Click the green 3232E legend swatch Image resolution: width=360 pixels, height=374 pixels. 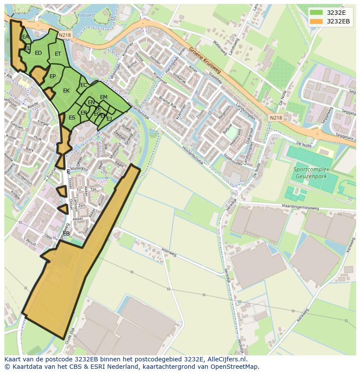[x=316, y=13]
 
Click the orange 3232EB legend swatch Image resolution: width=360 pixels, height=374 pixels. [x=316, y=21]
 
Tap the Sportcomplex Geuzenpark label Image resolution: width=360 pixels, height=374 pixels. [x=311, y=173]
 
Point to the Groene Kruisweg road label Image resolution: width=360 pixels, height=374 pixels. [x=205, y=60]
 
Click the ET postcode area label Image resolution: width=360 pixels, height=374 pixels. [x=58, y=54]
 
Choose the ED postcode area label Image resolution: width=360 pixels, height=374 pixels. [x=38, y=53]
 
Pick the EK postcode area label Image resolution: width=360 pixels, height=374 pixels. [x=66, y=91]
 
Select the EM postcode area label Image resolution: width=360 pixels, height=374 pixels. [x=103, y=97]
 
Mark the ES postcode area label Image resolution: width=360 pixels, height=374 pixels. [x=72, y=117]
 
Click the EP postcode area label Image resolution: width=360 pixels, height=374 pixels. [x=53, y=76]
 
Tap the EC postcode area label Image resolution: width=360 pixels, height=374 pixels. [x=83, y=85]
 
